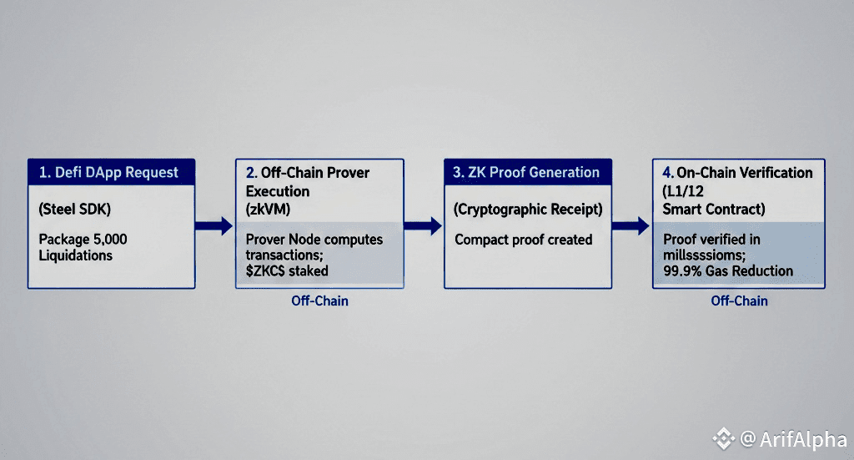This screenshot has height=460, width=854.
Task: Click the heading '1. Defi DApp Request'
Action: tap(108, 173)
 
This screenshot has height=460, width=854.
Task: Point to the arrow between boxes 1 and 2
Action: tap(213, 225)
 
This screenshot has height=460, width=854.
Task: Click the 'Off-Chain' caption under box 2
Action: tap(319, 301)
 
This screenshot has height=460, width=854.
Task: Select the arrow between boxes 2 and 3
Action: tap(423, 225)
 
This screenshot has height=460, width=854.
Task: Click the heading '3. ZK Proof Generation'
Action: tap(526, 173)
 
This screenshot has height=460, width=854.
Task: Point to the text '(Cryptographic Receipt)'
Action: tap(527, 210)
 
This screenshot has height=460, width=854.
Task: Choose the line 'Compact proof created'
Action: tap(523, 240)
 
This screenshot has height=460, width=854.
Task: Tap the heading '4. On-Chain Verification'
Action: tap(737, 173)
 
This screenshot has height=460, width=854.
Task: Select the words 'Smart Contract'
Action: tap(713, 210)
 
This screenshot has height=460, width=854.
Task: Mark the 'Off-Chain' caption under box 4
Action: tap(739, 301)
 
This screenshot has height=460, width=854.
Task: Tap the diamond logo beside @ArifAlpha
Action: tap(723, 438)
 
